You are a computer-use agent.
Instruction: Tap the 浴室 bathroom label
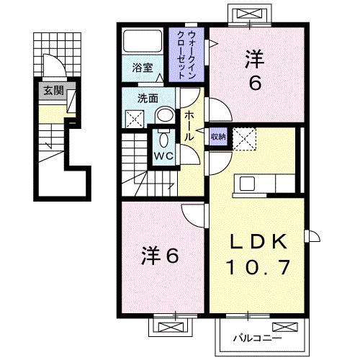[x=143, y=68]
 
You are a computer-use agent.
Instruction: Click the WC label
[x=162, y=156]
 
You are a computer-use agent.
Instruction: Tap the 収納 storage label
[x=218, y=136]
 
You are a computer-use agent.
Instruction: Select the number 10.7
[x=259, y=269]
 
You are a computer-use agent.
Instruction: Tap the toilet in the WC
[x=163, y=138]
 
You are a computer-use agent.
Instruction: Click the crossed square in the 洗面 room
[x=135, y=119]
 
